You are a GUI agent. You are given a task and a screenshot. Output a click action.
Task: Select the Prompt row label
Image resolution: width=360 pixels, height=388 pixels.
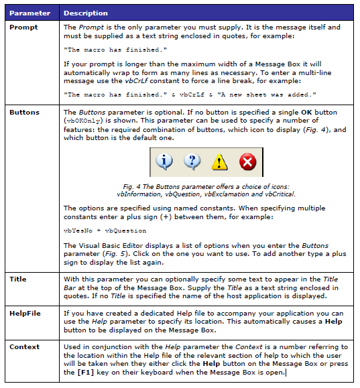tap(23, 27)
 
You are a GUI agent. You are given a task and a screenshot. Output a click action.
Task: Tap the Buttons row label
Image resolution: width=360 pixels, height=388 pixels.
tap(25, 113)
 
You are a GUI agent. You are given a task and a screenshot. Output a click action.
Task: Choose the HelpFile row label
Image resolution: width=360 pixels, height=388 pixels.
tap(25, 312)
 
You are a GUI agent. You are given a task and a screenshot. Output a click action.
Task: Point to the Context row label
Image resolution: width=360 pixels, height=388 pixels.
tap(24, 347)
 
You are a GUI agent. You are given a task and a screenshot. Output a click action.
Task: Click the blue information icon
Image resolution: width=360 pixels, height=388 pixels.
tap(164, 161)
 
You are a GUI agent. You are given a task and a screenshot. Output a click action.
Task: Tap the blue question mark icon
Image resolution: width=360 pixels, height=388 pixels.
tap(192, 161)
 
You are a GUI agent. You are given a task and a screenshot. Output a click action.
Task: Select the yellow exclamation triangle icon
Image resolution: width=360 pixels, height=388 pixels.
tap(220, 161)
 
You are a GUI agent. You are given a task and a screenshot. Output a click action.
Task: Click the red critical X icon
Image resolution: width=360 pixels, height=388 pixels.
tap(247, 161)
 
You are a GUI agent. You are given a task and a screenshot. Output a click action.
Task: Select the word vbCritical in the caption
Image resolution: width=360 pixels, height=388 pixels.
tap(279, 194)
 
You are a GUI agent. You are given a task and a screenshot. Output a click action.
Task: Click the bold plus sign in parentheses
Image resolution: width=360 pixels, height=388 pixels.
tap(166, 217)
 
